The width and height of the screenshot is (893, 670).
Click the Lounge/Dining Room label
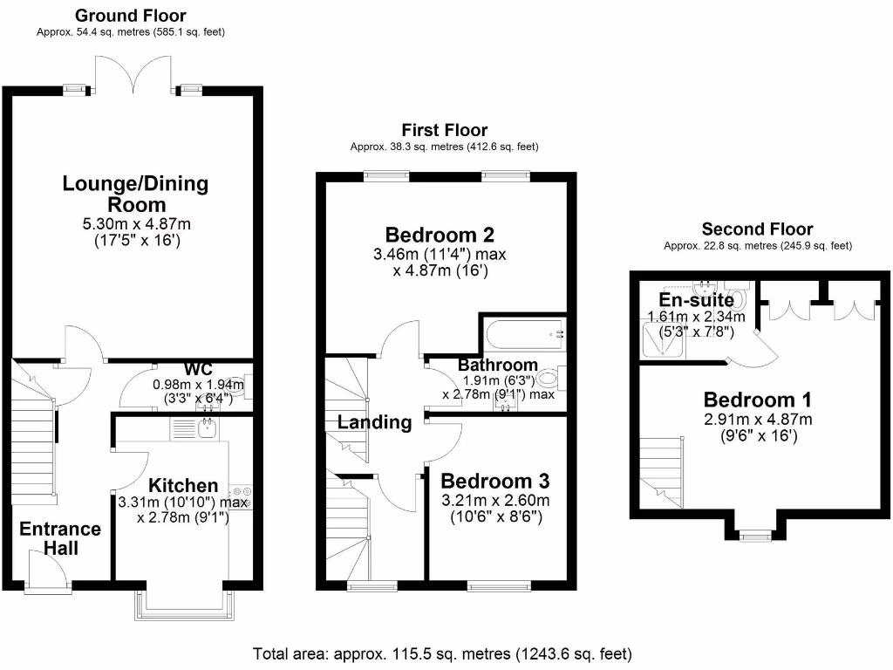click(x=135, y=194)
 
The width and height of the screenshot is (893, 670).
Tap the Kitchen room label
click(x=183, y=486)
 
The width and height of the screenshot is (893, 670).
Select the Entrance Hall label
click(x=60, y=538)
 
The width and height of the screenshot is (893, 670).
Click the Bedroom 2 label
click(x=440, y=235)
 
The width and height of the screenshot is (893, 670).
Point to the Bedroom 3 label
click(x=494, y=481)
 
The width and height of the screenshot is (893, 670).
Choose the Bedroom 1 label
click(x=757, y=400)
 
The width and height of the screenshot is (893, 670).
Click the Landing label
click(x=375, y=423)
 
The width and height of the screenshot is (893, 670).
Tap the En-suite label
click(x=696, y=300)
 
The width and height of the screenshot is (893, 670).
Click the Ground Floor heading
click(x=131, y=16)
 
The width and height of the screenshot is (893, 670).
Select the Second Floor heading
click(x=757, y=230)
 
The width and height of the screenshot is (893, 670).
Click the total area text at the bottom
click(x=442, y=653)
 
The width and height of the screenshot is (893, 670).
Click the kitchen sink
click(x=207, y=427)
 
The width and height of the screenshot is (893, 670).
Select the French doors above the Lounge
click(x=133, y=75)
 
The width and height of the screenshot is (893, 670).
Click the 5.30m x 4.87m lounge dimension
click(x=135, y=224)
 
